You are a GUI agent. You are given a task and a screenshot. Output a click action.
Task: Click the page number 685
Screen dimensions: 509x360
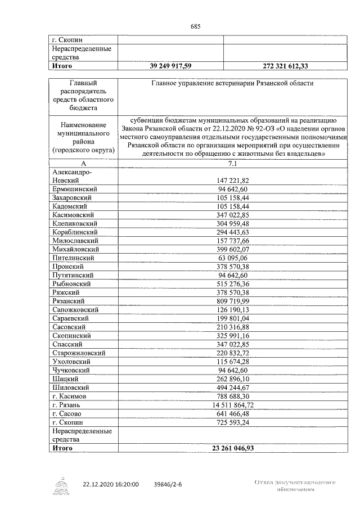pyautogui.click(x=196, y=26)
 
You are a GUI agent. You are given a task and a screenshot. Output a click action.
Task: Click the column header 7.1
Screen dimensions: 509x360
pyautogui.click(x=233, y=164)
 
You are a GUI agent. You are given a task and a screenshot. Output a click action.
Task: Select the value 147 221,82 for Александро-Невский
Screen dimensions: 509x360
pyautogui.click(x=233, y=181)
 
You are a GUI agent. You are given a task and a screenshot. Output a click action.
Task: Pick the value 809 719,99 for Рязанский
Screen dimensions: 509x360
pyautogui.click(x=233, y=301)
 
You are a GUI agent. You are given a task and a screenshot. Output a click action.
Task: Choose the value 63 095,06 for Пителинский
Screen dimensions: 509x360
pyautogui.click(x=233, y=258)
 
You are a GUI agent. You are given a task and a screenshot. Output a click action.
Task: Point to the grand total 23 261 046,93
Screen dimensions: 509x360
pyautogui.click(x=233, y=448)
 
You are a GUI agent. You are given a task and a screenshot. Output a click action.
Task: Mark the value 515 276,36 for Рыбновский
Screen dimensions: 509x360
pyautogui.click(x=233, y=284)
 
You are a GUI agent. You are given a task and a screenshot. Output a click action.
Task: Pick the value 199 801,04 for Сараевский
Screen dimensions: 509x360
pyautogui.click(x=233, y=318)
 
